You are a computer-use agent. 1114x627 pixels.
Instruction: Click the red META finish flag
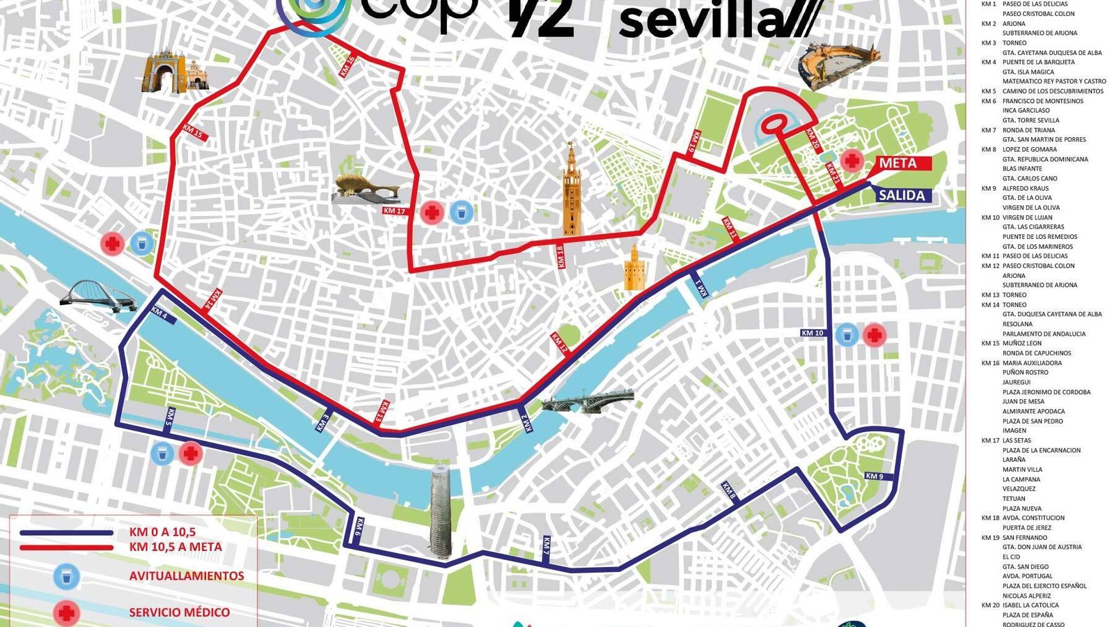tap(901, 164)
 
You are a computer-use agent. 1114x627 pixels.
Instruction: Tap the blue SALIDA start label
tap(902, 196)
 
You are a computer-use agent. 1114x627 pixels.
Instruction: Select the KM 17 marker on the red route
tap(394, 210)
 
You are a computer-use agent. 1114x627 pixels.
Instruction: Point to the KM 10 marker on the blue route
tap(813, 333)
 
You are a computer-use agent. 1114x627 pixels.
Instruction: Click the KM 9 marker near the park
tap(874, 477)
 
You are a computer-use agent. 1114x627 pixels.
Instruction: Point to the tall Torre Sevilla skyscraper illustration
tap(441, 511)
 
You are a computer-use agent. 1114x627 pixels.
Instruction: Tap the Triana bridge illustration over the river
tap(588, 402)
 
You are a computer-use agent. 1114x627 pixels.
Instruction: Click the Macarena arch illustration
tap(166, 72)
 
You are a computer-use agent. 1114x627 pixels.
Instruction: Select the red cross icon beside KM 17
tap(432, 212)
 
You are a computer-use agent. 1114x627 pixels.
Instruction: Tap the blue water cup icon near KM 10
tap(847, 335)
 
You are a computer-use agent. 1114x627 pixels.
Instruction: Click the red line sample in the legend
tap(66, 547)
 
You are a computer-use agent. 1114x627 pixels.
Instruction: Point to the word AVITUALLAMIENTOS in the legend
tap(187, 576)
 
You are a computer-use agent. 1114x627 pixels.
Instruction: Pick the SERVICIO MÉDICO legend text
tap(180, 612)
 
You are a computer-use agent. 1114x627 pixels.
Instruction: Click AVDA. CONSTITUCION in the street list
tap(1033, 518)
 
